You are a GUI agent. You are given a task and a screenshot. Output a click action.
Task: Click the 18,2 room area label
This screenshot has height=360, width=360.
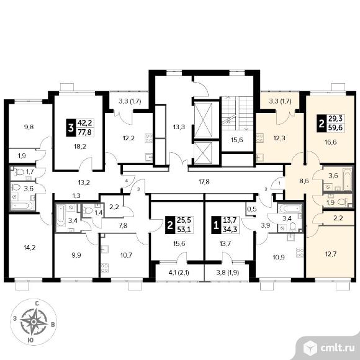(80, 146)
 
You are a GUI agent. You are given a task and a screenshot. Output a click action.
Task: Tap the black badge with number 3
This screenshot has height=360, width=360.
(71, 128)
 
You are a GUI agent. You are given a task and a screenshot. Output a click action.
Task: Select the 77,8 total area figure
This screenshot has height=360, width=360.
(84, 132)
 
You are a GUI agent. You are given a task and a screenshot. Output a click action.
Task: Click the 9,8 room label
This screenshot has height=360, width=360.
(29, 127)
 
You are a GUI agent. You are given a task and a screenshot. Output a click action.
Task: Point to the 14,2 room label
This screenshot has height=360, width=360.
(30, 248)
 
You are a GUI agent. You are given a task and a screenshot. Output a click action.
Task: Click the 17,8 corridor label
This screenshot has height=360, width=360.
(204, 182)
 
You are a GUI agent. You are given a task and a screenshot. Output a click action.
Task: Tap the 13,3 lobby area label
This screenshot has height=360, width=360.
(179, 127)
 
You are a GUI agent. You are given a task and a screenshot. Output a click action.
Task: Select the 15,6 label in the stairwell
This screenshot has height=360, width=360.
(237, 140)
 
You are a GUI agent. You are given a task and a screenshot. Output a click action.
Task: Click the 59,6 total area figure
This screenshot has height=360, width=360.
(336, 128)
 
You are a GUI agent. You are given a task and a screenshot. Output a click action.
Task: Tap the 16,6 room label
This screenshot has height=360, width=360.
(331, 142)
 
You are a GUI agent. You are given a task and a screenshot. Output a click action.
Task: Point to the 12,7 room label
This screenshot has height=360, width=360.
(331, 254)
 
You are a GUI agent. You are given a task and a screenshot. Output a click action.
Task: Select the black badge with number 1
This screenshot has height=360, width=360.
(216, 225)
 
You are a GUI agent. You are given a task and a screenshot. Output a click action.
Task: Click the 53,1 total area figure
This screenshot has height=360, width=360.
(184, 229)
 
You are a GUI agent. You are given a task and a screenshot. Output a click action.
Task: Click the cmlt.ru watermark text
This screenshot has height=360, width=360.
(338, 348)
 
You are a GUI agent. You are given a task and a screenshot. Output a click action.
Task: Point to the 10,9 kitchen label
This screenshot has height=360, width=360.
(279, 258)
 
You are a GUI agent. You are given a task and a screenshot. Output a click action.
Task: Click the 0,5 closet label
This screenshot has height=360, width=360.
(251, 209)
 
